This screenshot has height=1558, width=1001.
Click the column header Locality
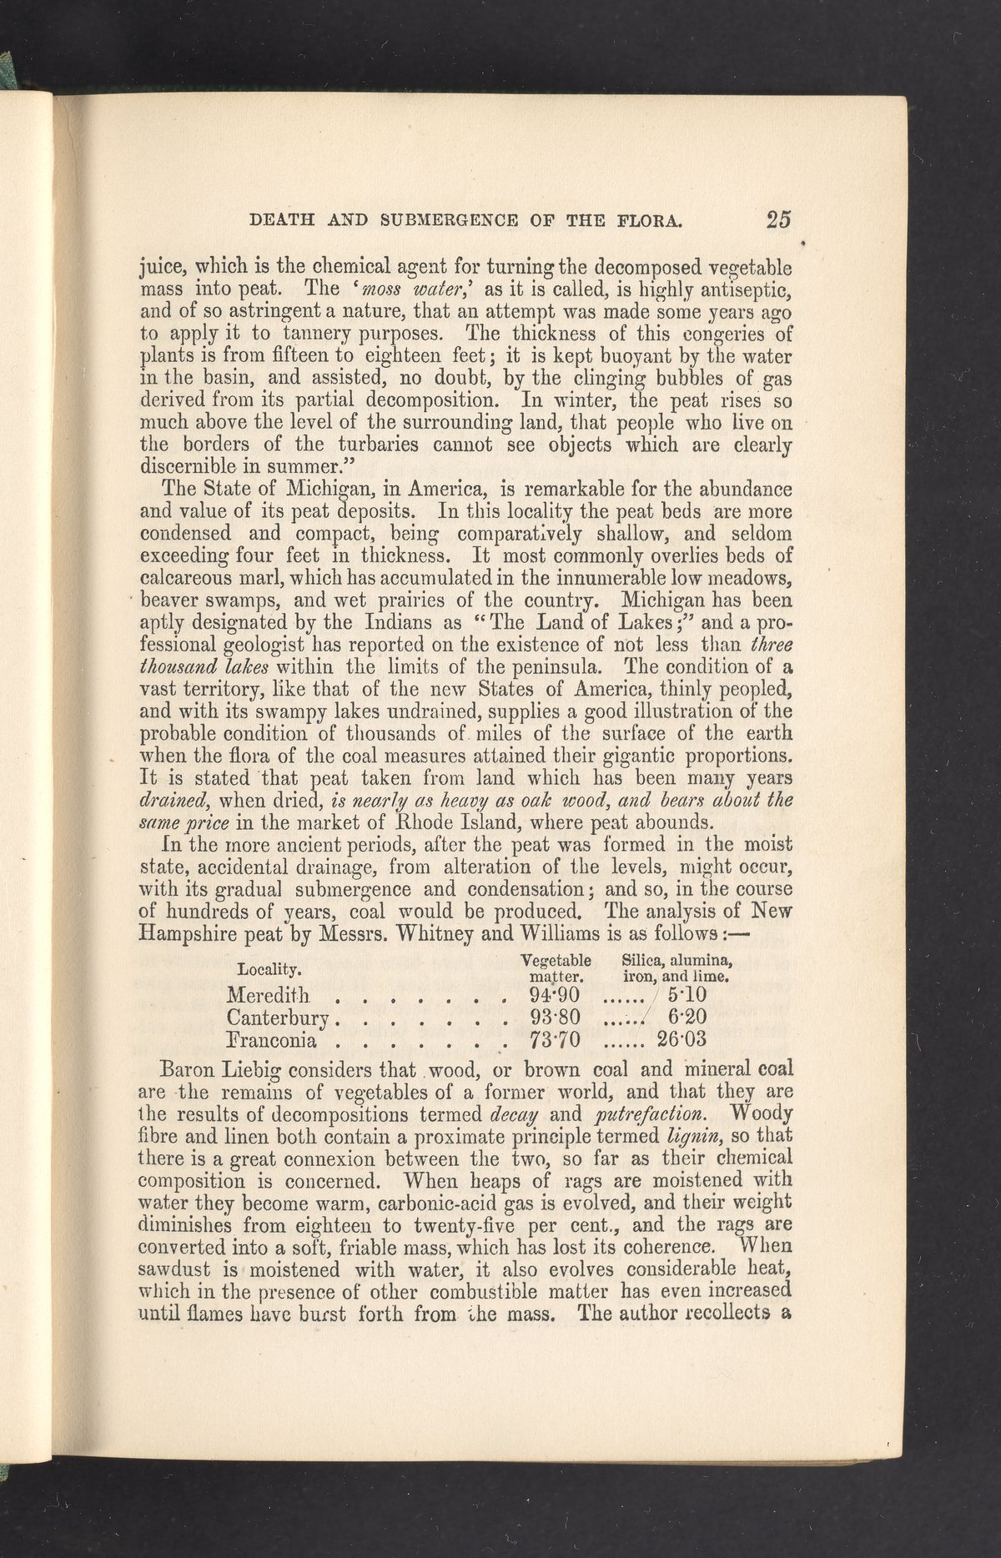tap(269, 969)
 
